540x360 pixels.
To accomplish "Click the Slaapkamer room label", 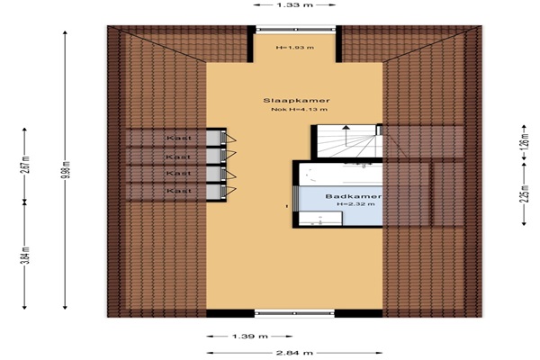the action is pyautogui.click(x=296, y=101).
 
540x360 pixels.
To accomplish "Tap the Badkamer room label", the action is pyautogui.click(x=354, y=196).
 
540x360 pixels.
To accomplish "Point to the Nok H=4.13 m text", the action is pyautogui.click(x=300, y=110).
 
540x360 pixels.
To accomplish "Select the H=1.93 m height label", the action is pyautogui.click(x=295, y=48).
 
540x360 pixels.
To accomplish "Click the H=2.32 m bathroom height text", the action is pyautogui.click(x=356, y=204).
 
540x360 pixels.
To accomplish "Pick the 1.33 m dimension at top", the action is pyautogui.click(x=294, y=4).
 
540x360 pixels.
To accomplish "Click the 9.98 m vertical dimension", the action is pyautogui.click(x=67, y=169).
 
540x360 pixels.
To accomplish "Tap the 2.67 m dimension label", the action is pyautogui.click(x=27, y=165).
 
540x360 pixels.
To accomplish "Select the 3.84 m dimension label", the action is pyautogui.click(x=27, y=256).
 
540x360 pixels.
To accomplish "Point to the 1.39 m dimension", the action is pyautogui.click(x=249, y=337).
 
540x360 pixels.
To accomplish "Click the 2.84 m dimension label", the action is pyautogui.click(x=294, y=353).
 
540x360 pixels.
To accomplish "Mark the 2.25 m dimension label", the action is pyautogui.click(x=524, y=194).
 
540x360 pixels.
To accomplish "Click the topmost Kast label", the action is pyautogui.click(x=179, y=138).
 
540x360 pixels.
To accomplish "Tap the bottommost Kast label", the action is pyautogui.click(x=179, y=191).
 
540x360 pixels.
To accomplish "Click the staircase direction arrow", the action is pyautogui.click(x=346, y=131).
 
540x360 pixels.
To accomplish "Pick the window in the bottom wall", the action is pyautogui.click(x=294, y=313).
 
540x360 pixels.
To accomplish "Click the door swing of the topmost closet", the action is pyautogui.click(x=229, y=139).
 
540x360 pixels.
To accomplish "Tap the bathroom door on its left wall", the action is pyautogui.click(x=295, y=198).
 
